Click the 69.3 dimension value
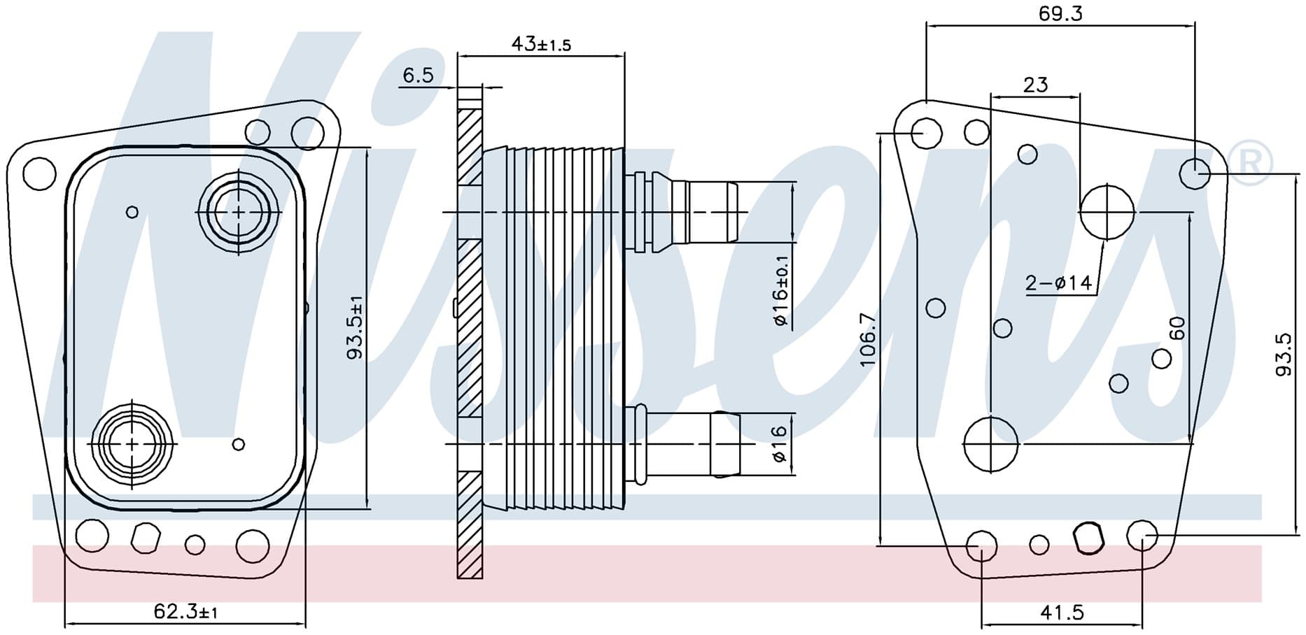coord(1060,13)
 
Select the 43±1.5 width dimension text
coord(541,44)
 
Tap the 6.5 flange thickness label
coord(418,74)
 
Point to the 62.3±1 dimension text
coord(185,613)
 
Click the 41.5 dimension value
coord(1062,613)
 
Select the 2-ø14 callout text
coord(1058,283)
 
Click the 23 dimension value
coord(1035,85)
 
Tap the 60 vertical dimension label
coord(1177,328)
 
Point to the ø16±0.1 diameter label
coord(781,292)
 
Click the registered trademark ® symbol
coord(1251,164)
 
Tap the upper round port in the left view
coord(239,211)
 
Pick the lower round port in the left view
coord(132,443)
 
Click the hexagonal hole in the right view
coord(1088,538)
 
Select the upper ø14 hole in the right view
coord(1107,211)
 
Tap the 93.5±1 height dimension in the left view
coord(355,328)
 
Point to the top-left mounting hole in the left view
coord(39,173)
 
